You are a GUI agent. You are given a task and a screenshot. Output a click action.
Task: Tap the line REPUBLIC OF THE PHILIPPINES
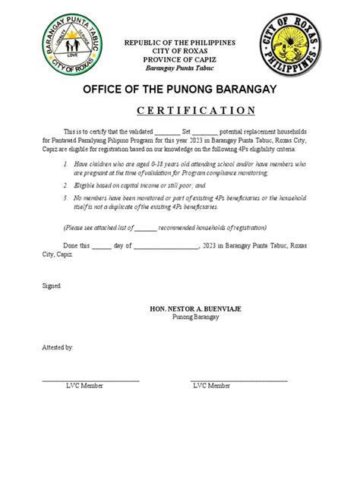pyautogui.click(x=181, y=42)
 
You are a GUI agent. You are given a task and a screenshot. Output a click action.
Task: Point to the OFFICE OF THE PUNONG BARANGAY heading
pyautogui.click(x=180, y=92)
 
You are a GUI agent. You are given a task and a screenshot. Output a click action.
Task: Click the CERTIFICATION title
pyautogui.click(x=180, y=110)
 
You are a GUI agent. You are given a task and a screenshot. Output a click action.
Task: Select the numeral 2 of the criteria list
pyautogui.click(x=66, y=185)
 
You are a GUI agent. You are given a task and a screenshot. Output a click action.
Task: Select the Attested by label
pyautogui.click(x=58, y=346)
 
